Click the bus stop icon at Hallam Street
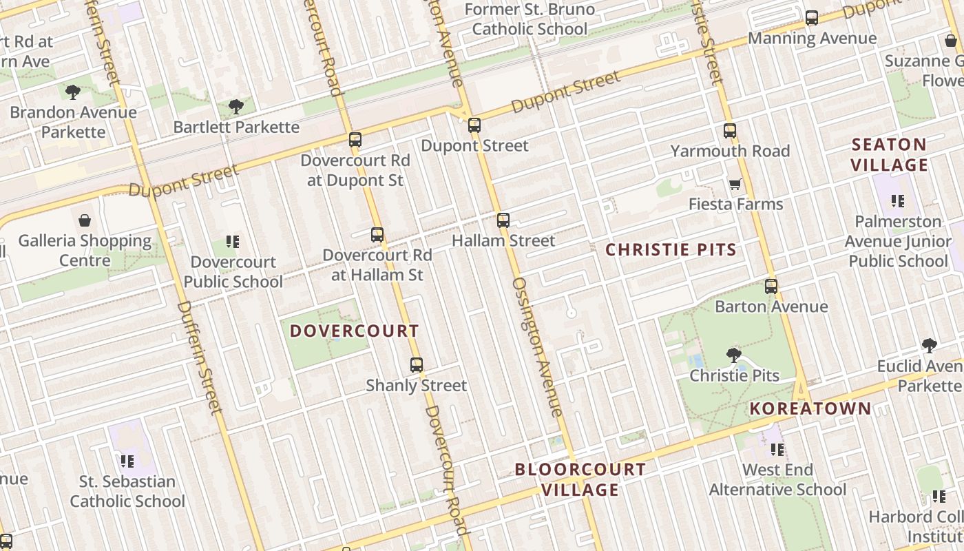pyautogui.click(x=503, y=220)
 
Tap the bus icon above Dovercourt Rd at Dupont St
pyautogui.click(x=355, y=140)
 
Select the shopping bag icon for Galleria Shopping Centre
pyautogui.click(x=85, y=220)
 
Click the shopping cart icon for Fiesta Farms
pyautogui.click(x=735, y=184)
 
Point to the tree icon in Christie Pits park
pyautogui.click(x=734, y=355)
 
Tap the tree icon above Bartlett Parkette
pyautogui.click(x=236, y=107)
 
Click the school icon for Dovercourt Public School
pyautogui.click(x=233, y=242)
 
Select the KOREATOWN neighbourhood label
pyautogui.click(x=810, y=408)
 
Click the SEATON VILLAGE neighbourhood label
pyautogui.click(x=890, y=155)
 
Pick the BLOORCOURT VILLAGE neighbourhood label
pyautogui.click(x=580, y=479)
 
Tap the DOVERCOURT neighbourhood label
pyautogui.click(x=354, y=331)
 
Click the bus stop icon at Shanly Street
pyautogui.click(x=417, y=365)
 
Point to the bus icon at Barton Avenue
pyautogui.click(x=771, y=287)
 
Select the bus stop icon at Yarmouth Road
pyautogui.click(x=730, y=131)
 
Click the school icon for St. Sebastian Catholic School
pyautogui.click(x=127, y=461)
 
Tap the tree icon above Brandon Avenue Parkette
pyautogui.click(x=73, y=92)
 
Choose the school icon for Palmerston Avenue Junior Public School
pyautogui.click(x=897, y=201)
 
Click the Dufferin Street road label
pyautogui.click(x=200, y=358)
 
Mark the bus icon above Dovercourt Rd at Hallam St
pyautogui.click(x=377, y=235)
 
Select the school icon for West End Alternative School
pyautogui.click(x=777, y=450)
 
